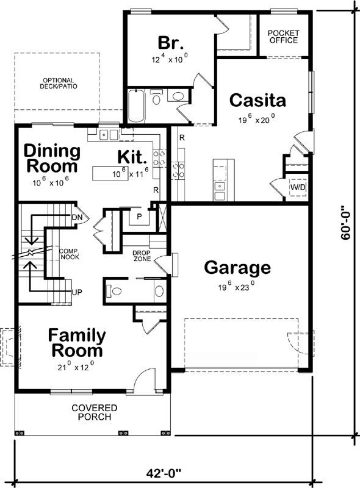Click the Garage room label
(x=237, y=267)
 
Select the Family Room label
(x=77, y=343)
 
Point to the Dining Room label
(x=52, y=158)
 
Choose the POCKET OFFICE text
(x=283, y=37)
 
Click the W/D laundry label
(x=298, y=186)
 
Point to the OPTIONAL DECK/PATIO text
(x=59, y=84)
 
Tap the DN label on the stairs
(x=77, y=217)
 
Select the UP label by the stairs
(x=77, y=292)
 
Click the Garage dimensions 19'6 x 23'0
(x=237, y=284)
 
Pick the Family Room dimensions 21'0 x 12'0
(x=77, y=367)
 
